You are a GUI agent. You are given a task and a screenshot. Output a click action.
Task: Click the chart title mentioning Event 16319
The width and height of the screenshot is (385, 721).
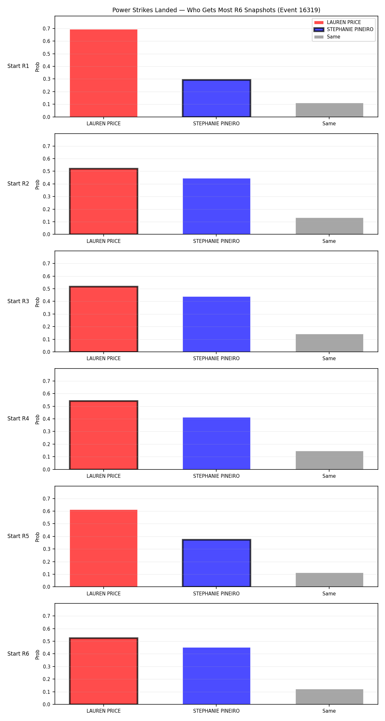tap(216, 10)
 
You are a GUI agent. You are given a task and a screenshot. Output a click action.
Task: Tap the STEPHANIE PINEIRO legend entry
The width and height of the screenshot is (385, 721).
tap(344, 29)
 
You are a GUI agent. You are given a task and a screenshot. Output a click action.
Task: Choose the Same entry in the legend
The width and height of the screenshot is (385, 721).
tap(327, 37)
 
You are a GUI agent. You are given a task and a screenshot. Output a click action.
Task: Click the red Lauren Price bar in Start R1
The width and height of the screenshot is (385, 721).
tap(104, 73)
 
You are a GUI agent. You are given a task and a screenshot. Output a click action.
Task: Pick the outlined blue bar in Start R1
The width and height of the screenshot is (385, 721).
tap(217, 98)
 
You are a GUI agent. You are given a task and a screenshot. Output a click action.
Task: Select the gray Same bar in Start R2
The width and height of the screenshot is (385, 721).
tap(329, 226)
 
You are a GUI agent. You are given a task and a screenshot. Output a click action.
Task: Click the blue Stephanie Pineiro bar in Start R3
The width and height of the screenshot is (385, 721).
tap(217, 324)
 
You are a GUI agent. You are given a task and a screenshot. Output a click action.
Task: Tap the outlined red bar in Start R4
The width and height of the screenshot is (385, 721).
tap(104, 435)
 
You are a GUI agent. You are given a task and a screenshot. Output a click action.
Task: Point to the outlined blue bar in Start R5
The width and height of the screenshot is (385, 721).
tap(217, 563)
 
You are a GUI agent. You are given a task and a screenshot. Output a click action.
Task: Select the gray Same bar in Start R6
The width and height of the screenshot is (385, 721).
tap(329, 697)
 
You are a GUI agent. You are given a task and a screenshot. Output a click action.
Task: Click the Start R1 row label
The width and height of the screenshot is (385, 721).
tap(18, 66)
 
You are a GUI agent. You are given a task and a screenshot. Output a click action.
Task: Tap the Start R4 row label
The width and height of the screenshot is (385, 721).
tap(18, 419)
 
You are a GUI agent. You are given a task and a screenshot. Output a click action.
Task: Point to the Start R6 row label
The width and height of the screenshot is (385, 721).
tap(18, 654)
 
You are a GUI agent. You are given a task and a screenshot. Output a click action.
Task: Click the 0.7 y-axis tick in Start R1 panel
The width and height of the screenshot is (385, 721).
tap(47, 29)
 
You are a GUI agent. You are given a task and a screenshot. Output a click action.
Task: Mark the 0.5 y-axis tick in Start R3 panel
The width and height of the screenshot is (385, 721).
tap(47, 289)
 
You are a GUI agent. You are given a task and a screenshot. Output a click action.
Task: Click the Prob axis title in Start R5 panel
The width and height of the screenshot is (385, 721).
tap(38, 537)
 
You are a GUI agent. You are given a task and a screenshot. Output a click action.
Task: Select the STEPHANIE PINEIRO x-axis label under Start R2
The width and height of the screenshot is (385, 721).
tap(216, 241)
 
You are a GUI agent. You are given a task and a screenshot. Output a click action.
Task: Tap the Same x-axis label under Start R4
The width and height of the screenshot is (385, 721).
tap(329, 476)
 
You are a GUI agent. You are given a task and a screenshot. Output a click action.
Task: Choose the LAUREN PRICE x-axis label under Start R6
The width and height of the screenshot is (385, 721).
tap(104, 711)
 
